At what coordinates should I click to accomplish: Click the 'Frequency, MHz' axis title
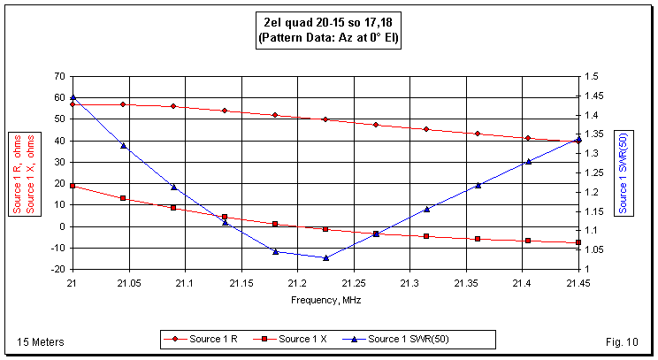coord(325,300)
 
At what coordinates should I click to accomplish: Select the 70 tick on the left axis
coord(59,77)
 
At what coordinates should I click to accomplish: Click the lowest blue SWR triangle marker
coord(325,257)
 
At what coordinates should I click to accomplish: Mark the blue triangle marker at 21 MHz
coord(73,97)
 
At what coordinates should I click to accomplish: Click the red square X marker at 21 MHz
coord(73,186)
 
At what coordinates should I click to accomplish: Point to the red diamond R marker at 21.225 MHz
coord(325,119)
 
